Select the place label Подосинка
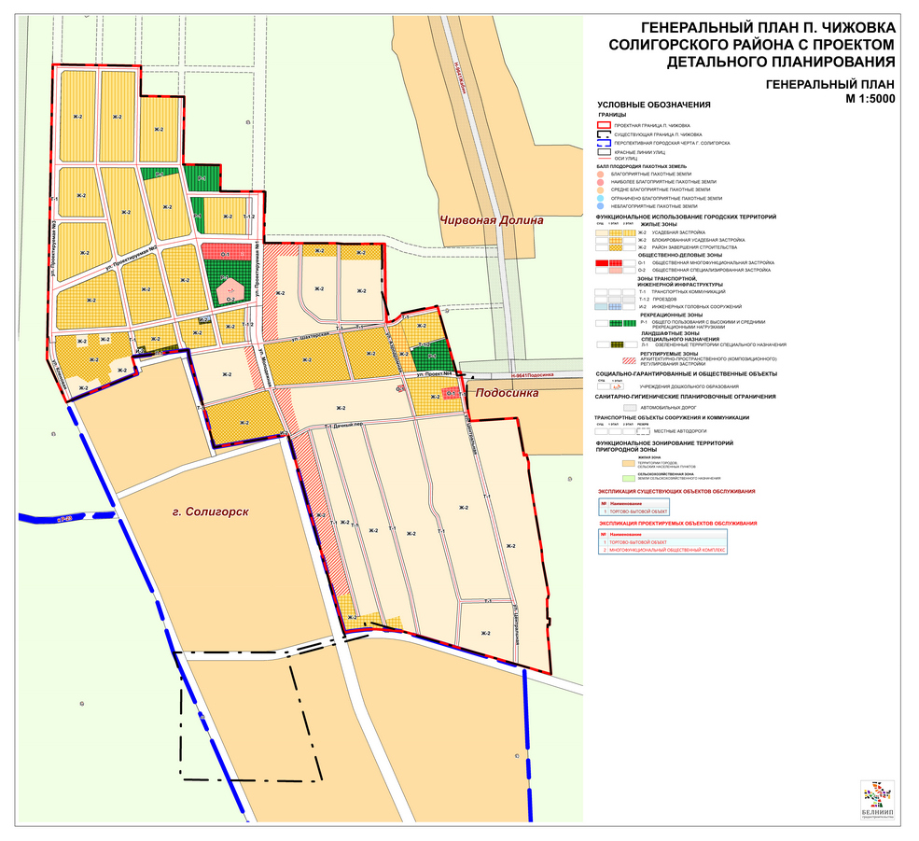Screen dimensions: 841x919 point(507,393)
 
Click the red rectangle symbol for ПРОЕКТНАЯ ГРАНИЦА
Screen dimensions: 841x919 point(605,124)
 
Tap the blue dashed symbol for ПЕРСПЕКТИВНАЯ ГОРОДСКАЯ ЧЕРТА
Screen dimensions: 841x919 point(605,143)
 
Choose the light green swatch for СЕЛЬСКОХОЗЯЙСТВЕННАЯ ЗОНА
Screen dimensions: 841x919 point(627,477)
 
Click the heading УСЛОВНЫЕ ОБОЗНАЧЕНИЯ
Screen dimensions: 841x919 point(654,105)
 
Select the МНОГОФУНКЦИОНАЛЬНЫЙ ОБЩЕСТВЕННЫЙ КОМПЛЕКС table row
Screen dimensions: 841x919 point(690,550)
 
